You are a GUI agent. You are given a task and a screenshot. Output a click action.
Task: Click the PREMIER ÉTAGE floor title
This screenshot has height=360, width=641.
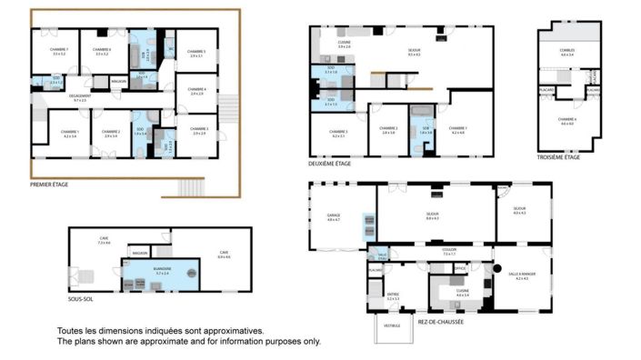[49, 185]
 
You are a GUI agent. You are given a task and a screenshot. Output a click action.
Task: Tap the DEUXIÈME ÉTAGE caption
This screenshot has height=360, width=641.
[332, 164]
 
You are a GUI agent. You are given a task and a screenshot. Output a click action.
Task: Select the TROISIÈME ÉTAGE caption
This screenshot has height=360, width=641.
[558, 157]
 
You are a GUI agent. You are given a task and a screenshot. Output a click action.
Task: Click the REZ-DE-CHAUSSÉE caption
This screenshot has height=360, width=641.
[441, 320]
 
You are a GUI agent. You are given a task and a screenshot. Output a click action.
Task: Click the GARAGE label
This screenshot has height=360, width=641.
[333, 216]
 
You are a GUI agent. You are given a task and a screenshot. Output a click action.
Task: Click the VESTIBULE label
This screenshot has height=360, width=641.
[392, 325]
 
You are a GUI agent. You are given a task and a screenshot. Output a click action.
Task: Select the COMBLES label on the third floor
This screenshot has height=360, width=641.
[567, 52]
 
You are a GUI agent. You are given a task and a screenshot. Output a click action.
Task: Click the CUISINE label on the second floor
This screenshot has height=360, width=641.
[345, 43]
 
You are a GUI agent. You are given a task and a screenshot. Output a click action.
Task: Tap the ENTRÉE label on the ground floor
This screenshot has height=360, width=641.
[393, 295]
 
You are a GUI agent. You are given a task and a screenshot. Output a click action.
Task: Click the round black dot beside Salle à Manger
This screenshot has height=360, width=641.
[497, 267]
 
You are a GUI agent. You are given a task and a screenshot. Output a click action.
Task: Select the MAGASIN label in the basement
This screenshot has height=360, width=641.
[139, 253]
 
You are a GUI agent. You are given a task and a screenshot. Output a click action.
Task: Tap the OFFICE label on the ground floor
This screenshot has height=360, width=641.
[461, 268]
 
